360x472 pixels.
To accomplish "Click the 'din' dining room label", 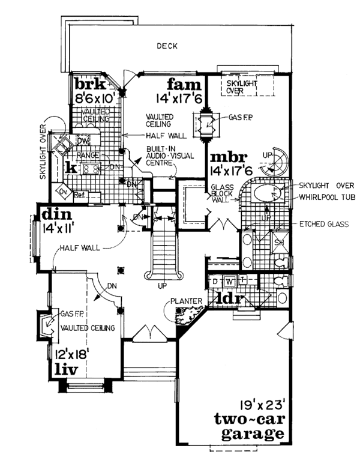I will pyautogui.click(x=57, y=214).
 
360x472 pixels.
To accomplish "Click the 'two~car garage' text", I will pyautogui.click(x=247, y=425).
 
